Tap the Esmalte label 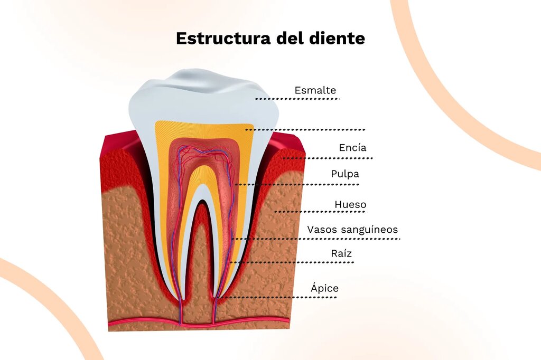pyautogui.click(x=315, y=90)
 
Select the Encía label pyautogui.click(x=352, y=148)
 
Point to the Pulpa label pyautogui.click(x=345, y=174)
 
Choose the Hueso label pyautogui.click(x=350, y=204)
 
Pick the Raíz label pyautogui.click(x=341, y=253)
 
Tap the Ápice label pyautogui.click(x=325, y=288)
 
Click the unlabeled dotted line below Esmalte pyautogui.click(x=305, y=130)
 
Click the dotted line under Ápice pyautogui.click(x=278, y=297)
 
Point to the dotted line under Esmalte pyautogui.click(x=297, y=99)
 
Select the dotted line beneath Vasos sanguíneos pyautogui.click(x=316, y=239)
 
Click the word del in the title pyautogui.click(x=291, y=38)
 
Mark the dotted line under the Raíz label pyautogui.click(x=292, y=262)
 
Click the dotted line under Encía pyautogui.click(x=328, y=158)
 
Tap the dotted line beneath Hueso pyautogui.click(x=320, y=211)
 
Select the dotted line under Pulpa pyautogui.click(x=297, y=184)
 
